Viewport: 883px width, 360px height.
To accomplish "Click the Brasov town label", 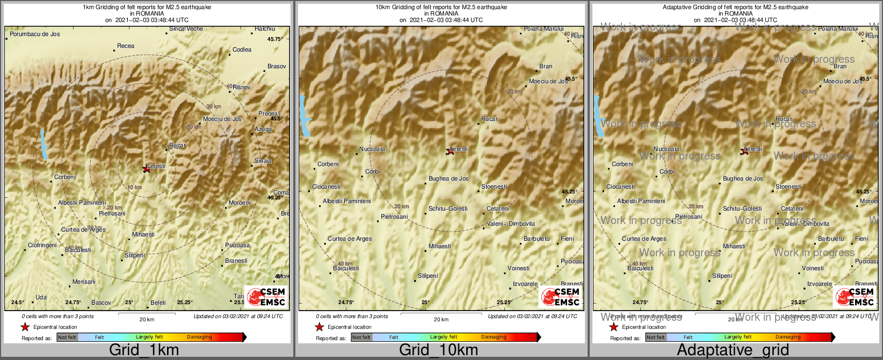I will (x=277, y=67).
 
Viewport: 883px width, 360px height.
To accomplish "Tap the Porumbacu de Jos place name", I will (x=35, y=34).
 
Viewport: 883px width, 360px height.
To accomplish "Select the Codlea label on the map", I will (x=242, y=50).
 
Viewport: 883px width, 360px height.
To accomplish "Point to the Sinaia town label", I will (x=263, y=161).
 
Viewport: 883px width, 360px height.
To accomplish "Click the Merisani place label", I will (x=84, y=282).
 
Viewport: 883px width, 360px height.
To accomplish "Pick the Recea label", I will (x=126, y=46).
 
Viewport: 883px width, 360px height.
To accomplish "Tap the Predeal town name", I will (x=268, y=114).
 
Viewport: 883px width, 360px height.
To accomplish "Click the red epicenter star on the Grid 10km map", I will (x=451, y=152).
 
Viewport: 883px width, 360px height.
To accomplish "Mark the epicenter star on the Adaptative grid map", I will (x=745, y=152).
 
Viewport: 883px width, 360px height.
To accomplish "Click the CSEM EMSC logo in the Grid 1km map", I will (x=265, y=297).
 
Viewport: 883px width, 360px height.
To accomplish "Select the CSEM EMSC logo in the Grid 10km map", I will (x=560, y=297).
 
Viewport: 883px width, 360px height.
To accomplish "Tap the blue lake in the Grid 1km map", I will (x=44, y=143).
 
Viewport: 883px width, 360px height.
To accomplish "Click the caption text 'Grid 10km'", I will (x=438, y=350).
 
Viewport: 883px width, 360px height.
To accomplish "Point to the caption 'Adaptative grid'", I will (x=733, y=350).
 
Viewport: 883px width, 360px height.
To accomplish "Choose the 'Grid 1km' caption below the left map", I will (x=144, y=350).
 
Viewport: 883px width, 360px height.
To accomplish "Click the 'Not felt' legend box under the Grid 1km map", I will (x=67, y=337).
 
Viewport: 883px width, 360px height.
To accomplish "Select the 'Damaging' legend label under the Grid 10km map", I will (x=494, y=337).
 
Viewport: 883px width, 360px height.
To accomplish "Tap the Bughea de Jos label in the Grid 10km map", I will (x=448, y=179).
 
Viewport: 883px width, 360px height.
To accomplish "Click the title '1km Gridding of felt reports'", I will (x=147, y=8).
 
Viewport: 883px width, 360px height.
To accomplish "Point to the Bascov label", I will (x=101, y=303).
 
